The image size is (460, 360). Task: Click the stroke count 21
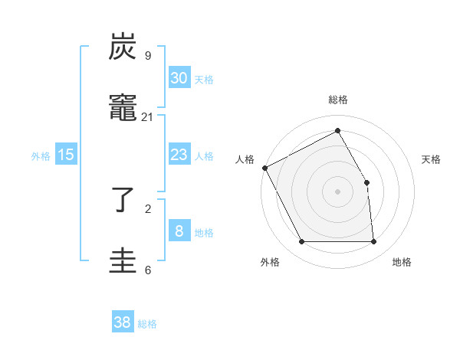147,117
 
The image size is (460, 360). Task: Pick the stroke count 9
147,56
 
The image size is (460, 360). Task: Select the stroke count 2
147,208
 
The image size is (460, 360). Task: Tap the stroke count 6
147,270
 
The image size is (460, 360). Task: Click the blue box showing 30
179,78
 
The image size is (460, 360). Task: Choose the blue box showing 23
179,155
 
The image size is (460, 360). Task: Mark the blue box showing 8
179,231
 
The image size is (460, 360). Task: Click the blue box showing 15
66,155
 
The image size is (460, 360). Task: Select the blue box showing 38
123,322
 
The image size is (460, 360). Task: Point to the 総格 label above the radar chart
338,100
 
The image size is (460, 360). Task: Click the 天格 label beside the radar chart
431,159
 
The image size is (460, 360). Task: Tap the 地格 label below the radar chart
402,263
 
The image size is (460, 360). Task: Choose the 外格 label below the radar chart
270,263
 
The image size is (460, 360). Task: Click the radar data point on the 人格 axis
264,168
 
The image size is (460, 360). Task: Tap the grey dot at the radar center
338,191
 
